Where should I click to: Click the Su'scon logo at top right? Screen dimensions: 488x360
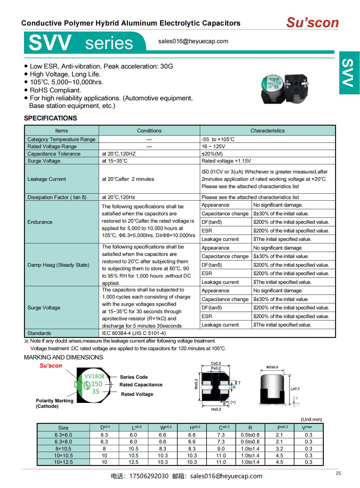click(x=312, y=23)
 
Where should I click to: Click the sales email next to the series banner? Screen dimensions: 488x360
click(x=193, y=41)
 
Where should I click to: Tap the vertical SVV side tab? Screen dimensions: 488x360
click(x=349, y=73)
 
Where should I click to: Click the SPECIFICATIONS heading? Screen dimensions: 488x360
click(x=50, y=118)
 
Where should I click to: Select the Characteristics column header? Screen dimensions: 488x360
click(x=267, y=131)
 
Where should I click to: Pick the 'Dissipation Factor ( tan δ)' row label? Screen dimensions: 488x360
click(x=57, y=197)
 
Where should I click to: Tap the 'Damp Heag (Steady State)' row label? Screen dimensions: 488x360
click(x=58, y=265)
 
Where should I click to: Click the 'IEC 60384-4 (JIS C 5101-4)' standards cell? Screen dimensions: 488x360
click(x=134, y=333)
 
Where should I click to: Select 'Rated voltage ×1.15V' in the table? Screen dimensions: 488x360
click(x=226, y=161)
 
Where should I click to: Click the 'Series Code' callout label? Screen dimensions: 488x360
click(x=134, y=377)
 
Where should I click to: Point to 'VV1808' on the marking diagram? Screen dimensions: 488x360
click(x=94, y=376)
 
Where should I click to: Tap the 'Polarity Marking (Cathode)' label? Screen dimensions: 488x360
click(x=54, y=403)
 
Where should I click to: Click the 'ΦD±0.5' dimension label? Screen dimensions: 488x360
click(x=272, y=367)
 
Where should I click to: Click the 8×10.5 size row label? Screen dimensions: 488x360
click(x=63, y=449)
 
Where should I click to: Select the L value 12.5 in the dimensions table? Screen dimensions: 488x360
click(x=133, y=462)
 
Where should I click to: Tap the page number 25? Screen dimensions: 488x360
click(x=338, y=473)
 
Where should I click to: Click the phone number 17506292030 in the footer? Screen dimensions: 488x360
click(x=149, y=476)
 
